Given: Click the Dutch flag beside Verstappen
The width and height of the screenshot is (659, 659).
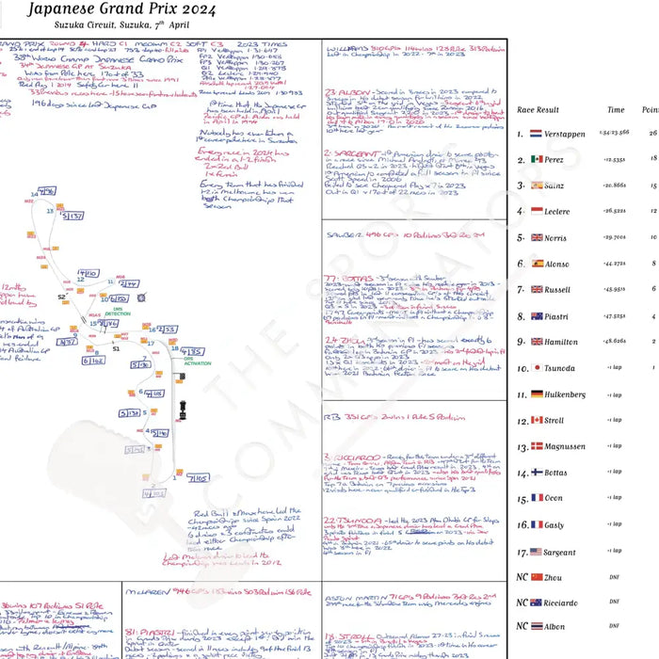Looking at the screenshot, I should pyautogui.click(x=536, y=135).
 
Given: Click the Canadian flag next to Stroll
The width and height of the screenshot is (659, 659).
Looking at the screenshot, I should pyautogui.click(x=536, y=421).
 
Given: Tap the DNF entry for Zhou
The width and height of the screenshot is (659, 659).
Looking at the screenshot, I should pyautogui.click(x=614, y=575).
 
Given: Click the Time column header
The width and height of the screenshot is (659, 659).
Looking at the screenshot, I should pyautogui.click(x=615, y=110).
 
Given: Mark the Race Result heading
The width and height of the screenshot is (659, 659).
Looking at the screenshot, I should pyautogui.click(x=538, y=110).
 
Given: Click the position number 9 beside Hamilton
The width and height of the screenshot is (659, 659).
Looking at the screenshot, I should pyautogui.click(x=520, y=342).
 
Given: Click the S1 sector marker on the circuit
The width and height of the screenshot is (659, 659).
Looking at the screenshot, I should pyautogui.click(x=117, y=348).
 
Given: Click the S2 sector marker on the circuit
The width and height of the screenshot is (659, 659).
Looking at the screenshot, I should pyautogui.click(x=61, y=296).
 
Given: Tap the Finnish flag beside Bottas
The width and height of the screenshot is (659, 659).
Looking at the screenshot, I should pyautogui.click(x=536, y=473).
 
